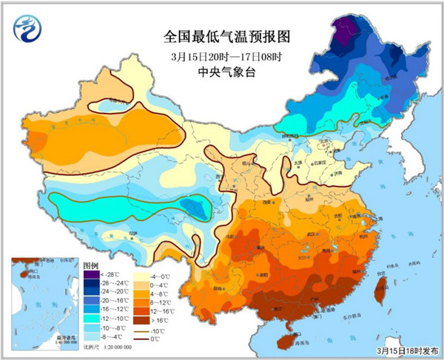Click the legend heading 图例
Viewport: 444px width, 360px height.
[x=90, y=264]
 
